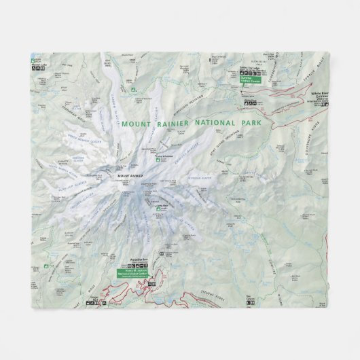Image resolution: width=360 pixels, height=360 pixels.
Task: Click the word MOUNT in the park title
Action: click(x=135, y=124)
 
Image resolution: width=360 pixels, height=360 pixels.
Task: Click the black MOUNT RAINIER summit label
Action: click(x=130, y=177)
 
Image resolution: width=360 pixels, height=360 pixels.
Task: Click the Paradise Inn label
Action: click(x=139, y=258)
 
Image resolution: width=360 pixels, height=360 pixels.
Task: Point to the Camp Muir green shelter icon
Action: click(x=159, y=209)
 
